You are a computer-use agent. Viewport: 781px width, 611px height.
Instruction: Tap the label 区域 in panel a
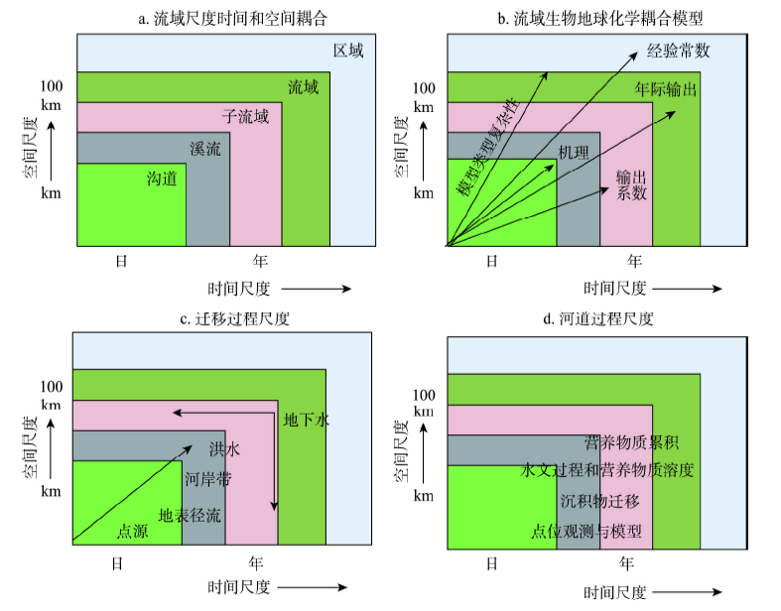pos(347,51)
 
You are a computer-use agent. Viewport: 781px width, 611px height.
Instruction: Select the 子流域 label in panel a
pos(244,117)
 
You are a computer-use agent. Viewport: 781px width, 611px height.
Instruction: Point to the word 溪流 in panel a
pos(204,150)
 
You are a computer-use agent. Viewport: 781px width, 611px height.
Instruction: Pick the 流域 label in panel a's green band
pos(303,87)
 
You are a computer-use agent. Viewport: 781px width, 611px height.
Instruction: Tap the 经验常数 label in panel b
pos(678,51)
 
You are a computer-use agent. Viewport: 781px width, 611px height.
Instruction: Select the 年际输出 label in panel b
pos(666,89)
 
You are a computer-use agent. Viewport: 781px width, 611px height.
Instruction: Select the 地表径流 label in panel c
pos(190,516)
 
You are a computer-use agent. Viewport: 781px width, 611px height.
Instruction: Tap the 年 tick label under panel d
pos(626,563)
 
